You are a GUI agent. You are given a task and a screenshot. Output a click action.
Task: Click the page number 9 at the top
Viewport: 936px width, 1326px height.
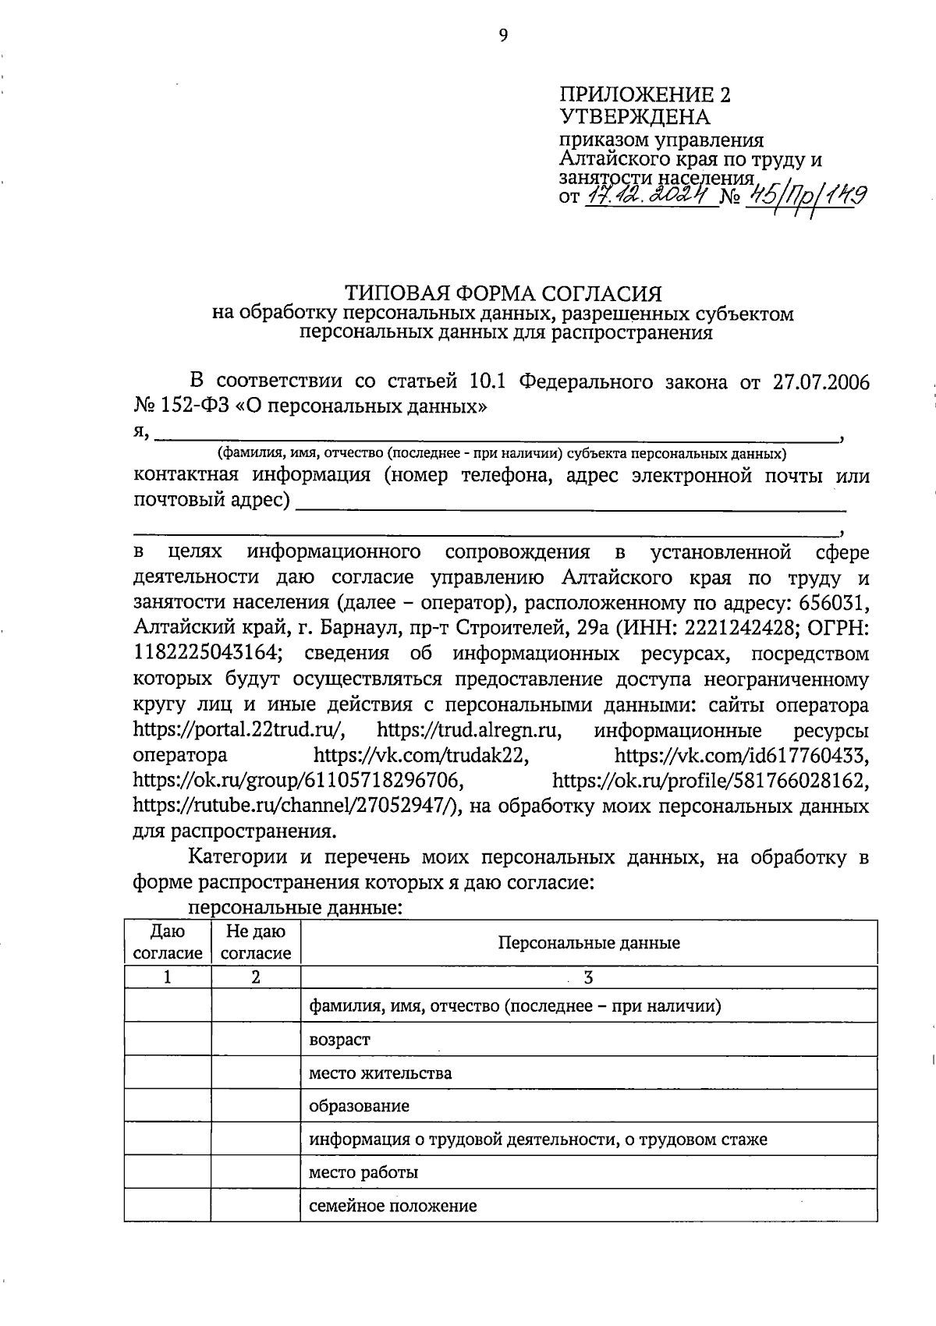(x=502, y=35)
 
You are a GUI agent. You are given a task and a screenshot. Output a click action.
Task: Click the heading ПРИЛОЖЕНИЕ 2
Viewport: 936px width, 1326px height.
(x=646, y=95)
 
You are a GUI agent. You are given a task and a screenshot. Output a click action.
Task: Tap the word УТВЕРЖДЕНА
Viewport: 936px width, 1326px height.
(x=635, y=117)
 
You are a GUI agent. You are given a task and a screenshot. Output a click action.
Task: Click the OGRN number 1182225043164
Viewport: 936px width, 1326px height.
(x=207, y=654)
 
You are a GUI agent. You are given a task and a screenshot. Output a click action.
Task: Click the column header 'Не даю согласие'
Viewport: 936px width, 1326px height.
(x=256, y=942)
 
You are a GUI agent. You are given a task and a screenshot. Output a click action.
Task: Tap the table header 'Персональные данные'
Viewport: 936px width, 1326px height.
(x=589, y=943)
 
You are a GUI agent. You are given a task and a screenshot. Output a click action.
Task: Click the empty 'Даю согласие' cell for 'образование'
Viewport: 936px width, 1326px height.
(x=167, y=1106)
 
